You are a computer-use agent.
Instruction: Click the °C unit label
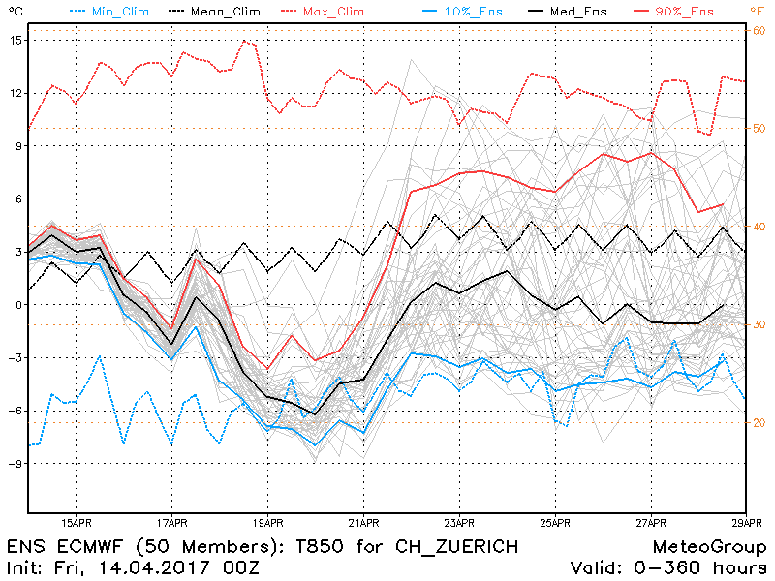(13, 11)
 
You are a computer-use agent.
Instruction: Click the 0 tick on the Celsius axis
(15, 305)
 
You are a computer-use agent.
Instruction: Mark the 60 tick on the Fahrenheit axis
(759, 31)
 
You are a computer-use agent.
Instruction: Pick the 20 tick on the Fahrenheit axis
(759, 423)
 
